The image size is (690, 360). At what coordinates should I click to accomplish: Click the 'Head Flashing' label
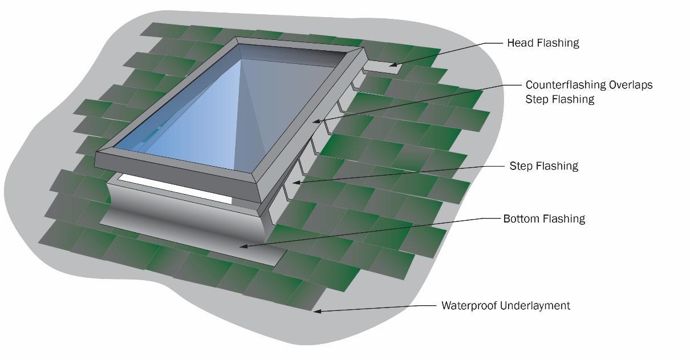543,43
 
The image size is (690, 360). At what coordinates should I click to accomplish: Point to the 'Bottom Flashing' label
544,219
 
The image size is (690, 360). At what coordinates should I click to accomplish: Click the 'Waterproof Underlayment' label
506,306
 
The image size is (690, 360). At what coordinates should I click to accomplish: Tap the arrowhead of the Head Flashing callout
392,65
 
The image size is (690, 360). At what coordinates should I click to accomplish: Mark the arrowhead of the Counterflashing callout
314,121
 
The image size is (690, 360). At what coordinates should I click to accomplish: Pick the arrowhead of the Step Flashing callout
295,183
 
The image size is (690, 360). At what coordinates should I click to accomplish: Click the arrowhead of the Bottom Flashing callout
242,246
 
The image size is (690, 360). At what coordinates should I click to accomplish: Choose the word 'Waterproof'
469,306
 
